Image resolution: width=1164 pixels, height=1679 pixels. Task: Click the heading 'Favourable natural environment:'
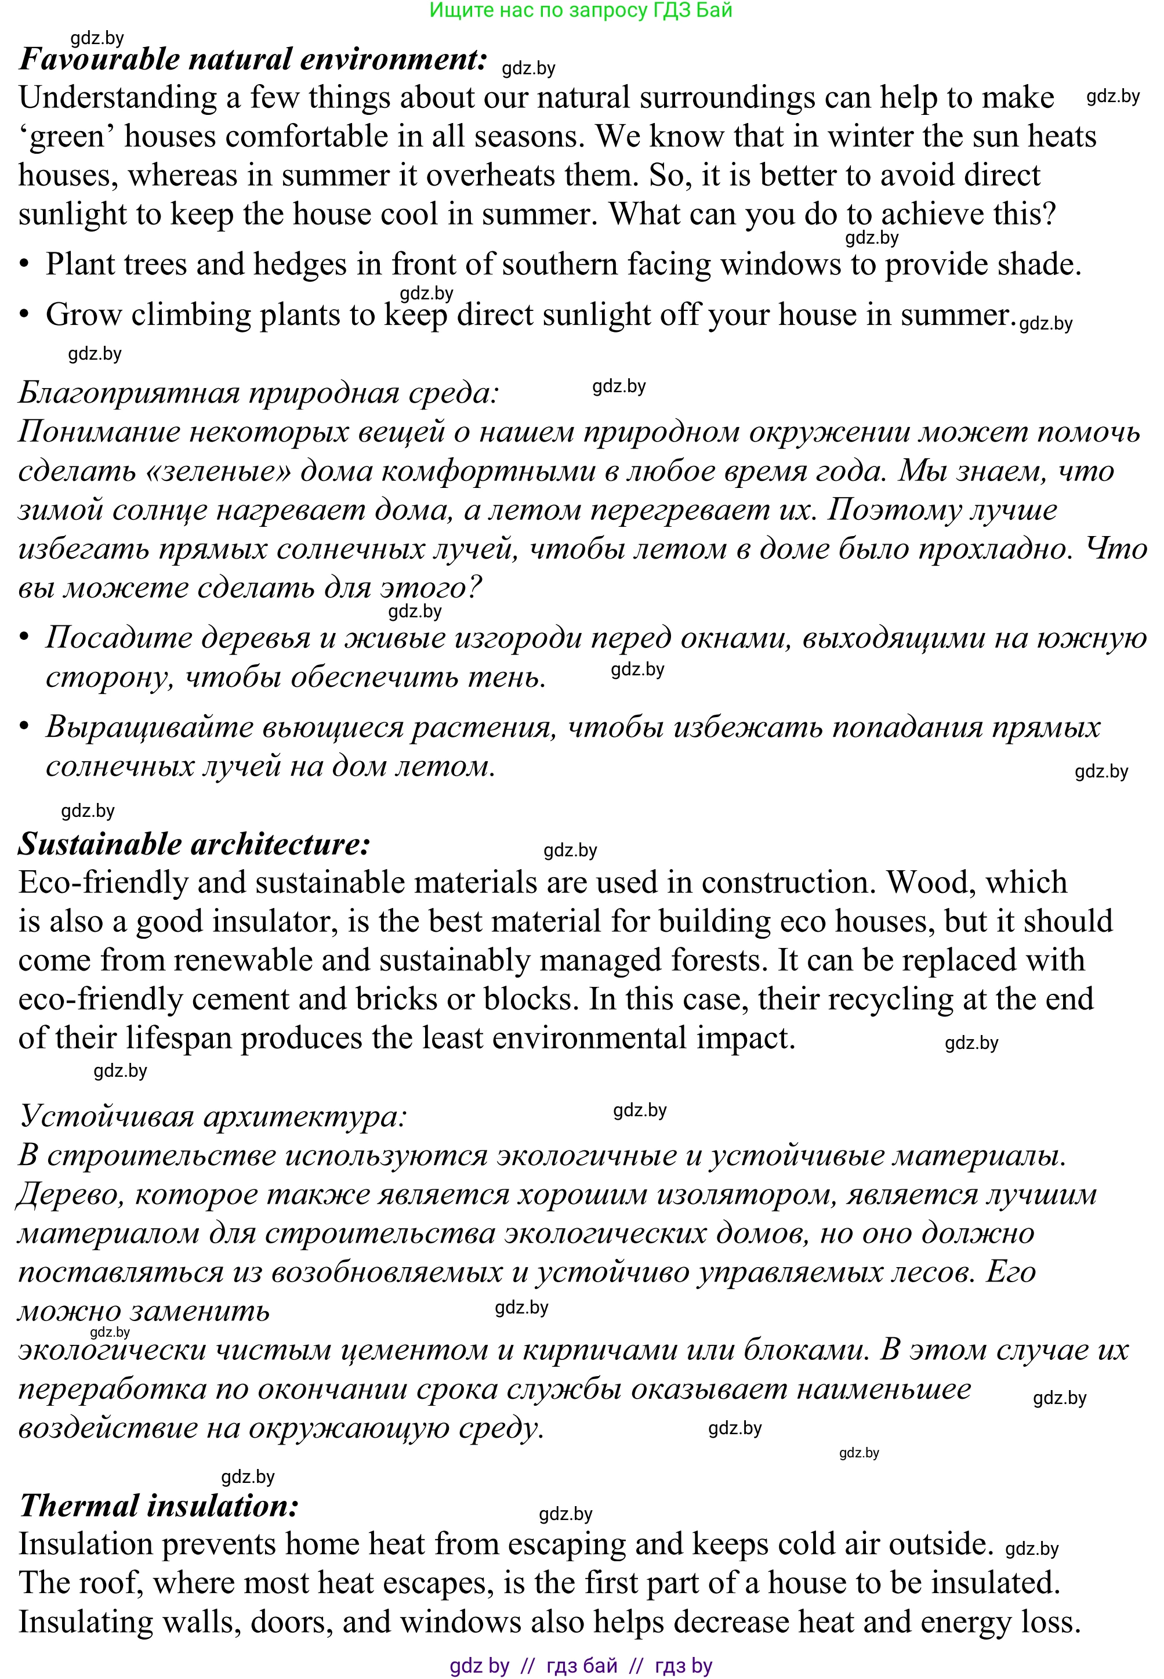pos(252,59)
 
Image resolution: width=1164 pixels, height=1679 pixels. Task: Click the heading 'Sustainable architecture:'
pos(194,844)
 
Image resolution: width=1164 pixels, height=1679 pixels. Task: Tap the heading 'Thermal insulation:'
pos(159,1506)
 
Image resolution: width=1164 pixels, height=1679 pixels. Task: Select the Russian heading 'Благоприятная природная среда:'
pos(258,393)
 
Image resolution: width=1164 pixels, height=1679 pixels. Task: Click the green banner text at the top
pos(581,10)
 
